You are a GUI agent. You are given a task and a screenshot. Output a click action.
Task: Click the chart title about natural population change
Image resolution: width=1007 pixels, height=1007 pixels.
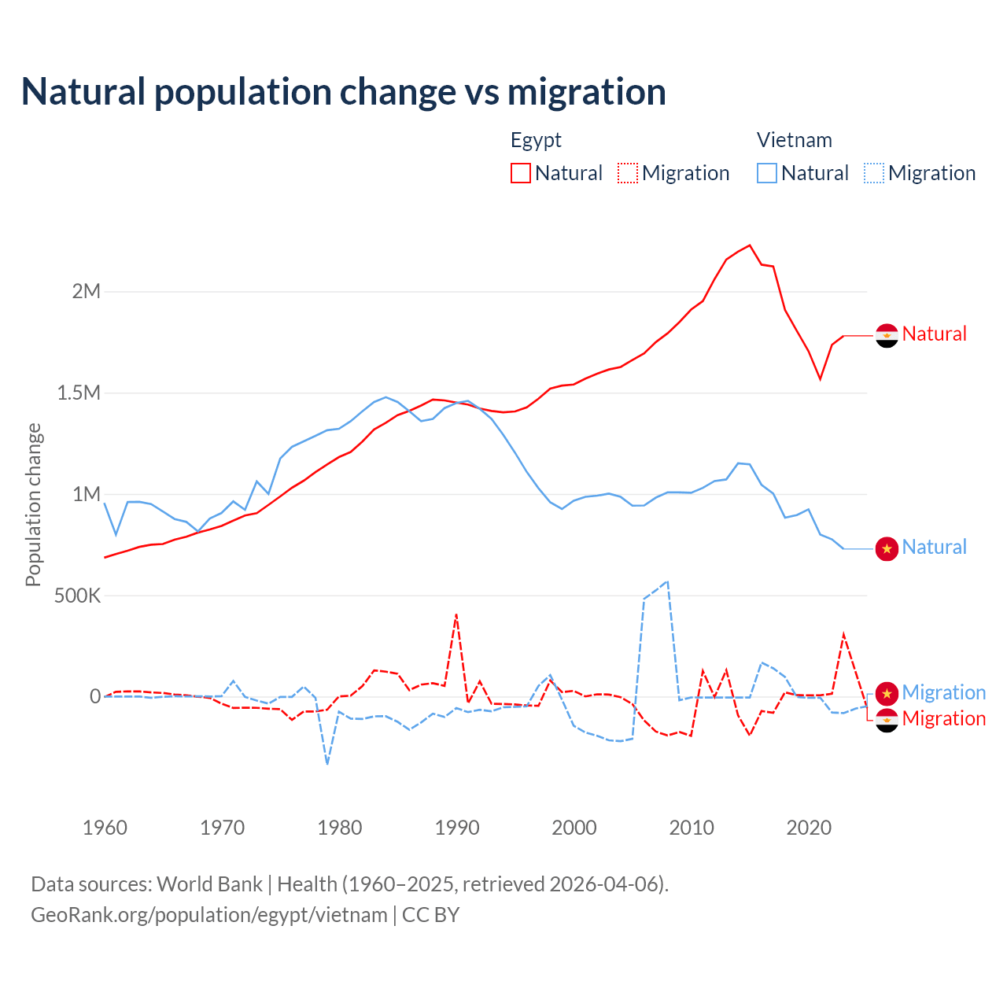pyautogui.click(x=344, y=92)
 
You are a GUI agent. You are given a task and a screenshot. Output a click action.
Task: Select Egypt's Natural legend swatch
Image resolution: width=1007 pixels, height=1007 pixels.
pyautogui.click(x=521, y=173)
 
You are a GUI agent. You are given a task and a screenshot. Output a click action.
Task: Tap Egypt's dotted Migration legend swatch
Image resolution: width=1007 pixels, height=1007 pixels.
pyautogui.click(x=628, y=173)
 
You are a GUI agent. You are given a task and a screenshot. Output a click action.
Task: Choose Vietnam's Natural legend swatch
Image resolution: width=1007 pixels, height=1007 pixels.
pyautogui.click(x=767, y=173)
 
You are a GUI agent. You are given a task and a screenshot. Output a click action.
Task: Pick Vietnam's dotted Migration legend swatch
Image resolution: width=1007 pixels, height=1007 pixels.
pyautogui.click(x=874, y=173)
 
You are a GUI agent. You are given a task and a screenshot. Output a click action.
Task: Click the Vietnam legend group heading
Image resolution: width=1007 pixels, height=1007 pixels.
pyautogui.click(x=794, y=140)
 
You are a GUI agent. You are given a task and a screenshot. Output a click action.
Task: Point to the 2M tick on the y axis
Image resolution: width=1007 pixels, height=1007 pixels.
pyautogui.click(x=87, y=292)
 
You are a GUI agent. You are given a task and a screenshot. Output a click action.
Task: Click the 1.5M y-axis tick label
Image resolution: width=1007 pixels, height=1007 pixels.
pyautogui.click(x=79, y=393)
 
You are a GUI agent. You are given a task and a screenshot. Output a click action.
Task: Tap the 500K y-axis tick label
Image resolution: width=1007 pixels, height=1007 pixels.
pyautogui.click(x=77, y=596)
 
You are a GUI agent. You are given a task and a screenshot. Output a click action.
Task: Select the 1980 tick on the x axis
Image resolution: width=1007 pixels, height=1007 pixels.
pyautogui.click(x=340, y=828)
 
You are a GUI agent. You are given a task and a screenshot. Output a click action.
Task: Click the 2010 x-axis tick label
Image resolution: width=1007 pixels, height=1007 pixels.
pyautogui.click(x=692, y=828)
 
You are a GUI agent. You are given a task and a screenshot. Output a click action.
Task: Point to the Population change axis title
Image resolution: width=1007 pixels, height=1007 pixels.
pyautogui.click(x=33, y=505)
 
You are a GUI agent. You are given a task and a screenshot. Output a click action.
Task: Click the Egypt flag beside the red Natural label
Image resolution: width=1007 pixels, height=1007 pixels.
pyautogui.click(x=887, y=335)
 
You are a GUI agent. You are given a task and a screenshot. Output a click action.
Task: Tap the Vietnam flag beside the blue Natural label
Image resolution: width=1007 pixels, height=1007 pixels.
pyautogui.click(x=887, y=548)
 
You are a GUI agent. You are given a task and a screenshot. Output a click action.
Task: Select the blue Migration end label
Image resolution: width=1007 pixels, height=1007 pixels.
pyautogui.click(x=943, y=692)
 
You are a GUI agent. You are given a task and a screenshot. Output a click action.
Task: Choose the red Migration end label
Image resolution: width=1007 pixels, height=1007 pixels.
pyautogui.click(x=943, y=718)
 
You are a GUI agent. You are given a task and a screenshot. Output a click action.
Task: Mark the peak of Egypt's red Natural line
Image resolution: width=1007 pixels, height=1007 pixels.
pyautogui.click(x=750, y=245)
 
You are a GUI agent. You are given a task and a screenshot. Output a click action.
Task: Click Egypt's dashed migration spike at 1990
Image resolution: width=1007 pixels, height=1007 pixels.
pyautogui.click(x=456, y=614)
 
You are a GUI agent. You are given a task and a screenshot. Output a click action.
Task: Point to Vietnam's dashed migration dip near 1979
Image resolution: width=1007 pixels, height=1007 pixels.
pyautogui.click(x=327, y=763)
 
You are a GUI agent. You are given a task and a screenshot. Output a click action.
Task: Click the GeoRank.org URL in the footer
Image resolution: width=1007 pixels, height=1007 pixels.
pyautogui.click(x=208, y=915)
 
